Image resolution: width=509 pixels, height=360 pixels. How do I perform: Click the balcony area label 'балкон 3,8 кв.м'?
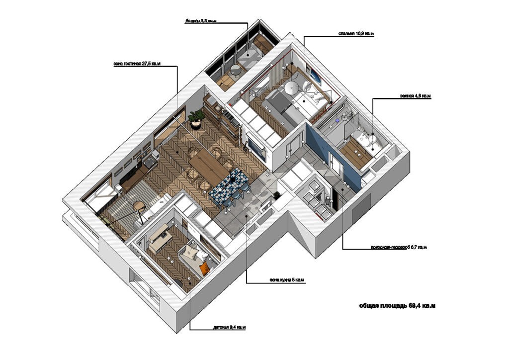[x=201, y=21]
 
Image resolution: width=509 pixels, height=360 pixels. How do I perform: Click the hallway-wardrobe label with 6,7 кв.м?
[x=399, y=247]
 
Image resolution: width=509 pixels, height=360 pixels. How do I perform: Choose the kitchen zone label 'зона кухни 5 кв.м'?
[x=287, y=280]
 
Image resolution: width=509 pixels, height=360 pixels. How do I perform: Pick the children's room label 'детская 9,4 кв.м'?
[x=229, y=327]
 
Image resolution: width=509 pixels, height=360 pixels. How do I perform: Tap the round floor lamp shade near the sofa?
[x=138, y=205]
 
